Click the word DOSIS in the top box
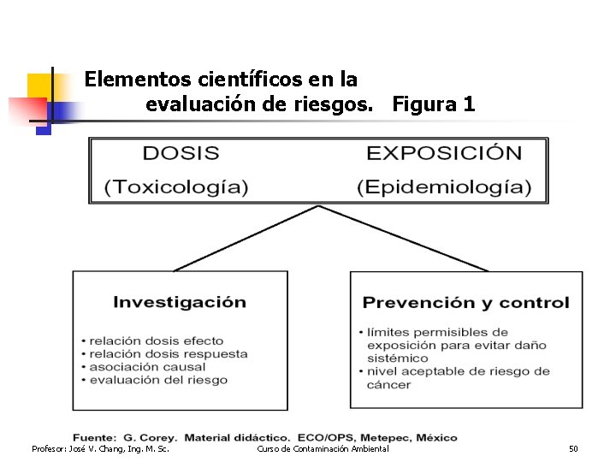181,154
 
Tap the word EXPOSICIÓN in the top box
444,154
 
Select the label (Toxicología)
176,187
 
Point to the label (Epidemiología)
444,187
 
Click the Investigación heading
180,302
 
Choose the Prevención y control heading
465,302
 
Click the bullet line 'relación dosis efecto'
157,341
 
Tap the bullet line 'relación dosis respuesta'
169,353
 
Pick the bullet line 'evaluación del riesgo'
158,379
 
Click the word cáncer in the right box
388,385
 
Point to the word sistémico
397,358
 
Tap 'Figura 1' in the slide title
434,104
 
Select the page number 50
573,449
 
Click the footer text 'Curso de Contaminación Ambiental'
323,449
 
